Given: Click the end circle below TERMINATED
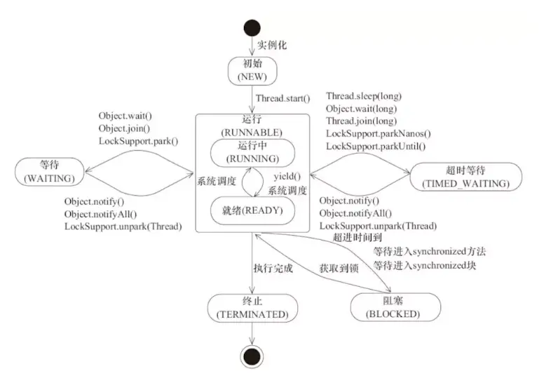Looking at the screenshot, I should [252, 356].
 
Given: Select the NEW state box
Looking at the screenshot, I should [252, 69].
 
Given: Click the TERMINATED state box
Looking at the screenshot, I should [252, 307].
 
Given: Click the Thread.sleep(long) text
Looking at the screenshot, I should [364, 96].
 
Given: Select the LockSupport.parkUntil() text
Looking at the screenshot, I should [376, 147].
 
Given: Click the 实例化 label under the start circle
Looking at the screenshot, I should [272, 46].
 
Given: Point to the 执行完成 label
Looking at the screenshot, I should [273, 268].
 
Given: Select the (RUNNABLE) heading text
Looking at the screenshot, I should [252, 132].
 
